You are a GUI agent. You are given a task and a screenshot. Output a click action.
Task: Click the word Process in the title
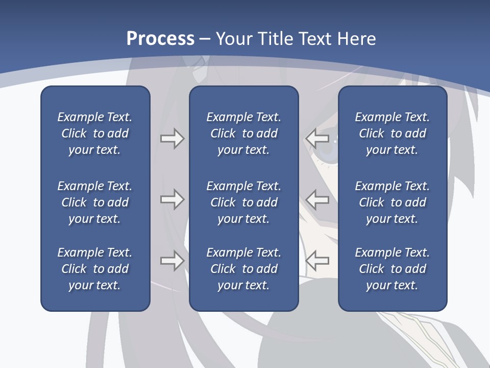(x=160, y=39)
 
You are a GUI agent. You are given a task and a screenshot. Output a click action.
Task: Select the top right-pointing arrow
(x=172, y=139)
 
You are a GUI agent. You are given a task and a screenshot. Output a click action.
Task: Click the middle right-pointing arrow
(x=172, y=199)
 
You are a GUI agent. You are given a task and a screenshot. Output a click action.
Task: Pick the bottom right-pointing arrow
(x=172, y=261)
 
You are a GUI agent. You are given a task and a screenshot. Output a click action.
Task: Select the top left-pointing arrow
(x=317, y=138)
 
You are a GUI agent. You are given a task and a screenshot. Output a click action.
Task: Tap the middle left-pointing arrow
(x=317, y=199)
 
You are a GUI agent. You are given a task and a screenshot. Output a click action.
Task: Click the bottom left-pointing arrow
(x=317, y=261)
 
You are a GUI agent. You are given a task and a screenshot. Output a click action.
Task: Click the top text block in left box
(x=95, y=133)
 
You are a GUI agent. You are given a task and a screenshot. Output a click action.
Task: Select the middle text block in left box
(x=95, y=202)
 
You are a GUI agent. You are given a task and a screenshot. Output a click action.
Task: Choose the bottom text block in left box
(x=95, y=269)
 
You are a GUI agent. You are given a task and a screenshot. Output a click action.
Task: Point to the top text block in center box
(x=243, y=133)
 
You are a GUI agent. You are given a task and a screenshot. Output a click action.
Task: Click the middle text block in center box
(x=243, y=202)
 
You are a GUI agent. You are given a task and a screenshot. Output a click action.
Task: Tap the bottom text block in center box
(x=243, y=269)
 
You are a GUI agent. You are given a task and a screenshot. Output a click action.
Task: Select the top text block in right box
(x=392, y=133)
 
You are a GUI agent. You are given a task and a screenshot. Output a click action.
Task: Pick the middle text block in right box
(x=392, y=202)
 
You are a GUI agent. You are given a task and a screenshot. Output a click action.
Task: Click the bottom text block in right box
(x=392, y=269)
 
